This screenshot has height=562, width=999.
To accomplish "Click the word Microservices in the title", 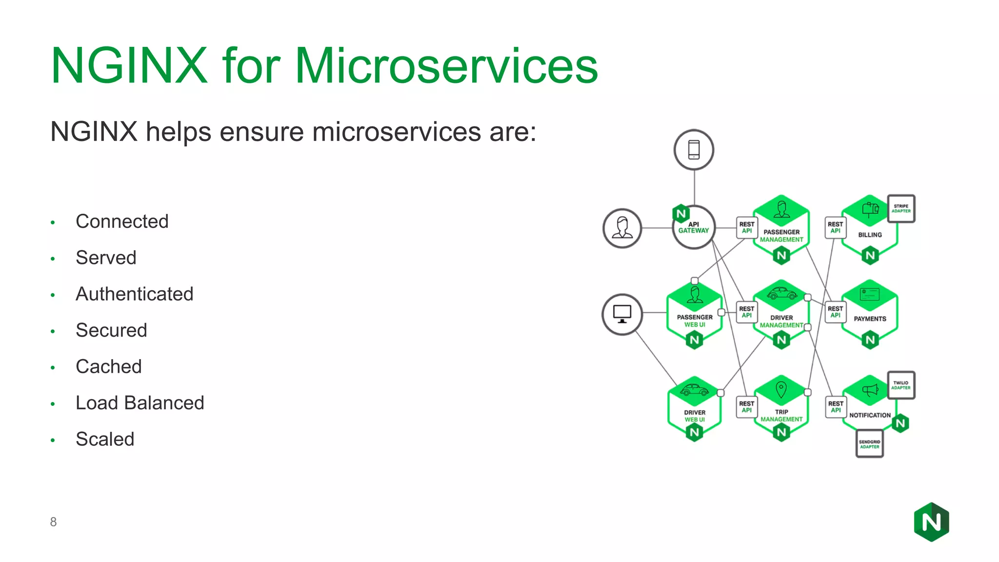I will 446,66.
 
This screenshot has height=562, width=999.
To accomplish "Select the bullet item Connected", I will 122,221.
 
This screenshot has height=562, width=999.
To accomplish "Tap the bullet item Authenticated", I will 134,294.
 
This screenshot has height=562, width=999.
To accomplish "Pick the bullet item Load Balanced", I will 140,403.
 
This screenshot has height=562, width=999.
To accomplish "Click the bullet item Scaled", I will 105,439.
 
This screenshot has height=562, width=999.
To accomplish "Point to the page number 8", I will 53,522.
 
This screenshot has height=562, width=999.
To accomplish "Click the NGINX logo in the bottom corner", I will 931,522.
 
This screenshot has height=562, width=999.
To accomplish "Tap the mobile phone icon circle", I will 694,150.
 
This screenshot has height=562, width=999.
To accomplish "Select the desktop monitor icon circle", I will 622,314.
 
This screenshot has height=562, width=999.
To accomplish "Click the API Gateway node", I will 694,228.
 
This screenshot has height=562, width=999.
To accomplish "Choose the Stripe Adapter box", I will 901,209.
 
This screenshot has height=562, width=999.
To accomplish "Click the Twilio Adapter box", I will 901,385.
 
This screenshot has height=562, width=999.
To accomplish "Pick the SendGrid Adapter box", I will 869,444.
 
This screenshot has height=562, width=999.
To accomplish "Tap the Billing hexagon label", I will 870,235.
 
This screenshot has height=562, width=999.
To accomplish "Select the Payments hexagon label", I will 870,319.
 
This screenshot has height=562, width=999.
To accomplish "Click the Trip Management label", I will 781,416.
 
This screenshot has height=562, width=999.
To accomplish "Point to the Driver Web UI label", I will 695,416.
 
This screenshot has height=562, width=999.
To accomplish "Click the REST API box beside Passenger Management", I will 747,228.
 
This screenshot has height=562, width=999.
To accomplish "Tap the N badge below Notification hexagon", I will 900,423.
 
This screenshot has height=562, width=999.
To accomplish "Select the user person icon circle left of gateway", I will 622,228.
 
